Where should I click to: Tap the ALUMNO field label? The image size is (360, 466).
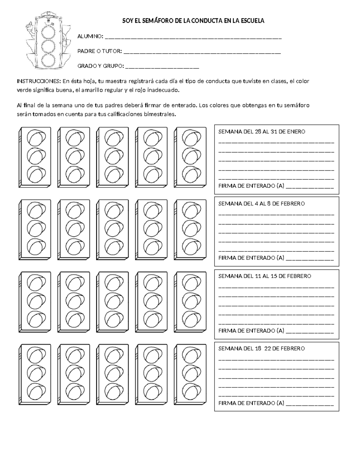pos(90,37)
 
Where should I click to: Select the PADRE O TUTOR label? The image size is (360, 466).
pos(100,51)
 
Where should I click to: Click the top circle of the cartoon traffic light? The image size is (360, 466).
pos(48,32)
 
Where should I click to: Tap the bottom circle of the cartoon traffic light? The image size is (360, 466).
pos(48,60)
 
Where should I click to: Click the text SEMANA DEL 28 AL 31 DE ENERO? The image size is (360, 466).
pos(262,132)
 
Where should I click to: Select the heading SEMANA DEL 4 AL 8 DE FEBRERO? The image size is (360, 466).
pos(261,204)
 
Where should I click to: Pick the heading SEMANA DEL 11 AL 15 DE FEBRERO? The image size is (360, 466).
pos(265,276)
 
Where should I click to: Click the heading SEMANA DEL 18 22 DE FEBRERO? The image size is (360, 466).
pos(261,349)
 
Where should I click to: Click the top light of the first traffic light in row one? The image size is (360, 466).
pos(36,138)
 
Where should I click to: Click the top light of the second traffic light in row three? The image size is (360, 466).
pos(73,282)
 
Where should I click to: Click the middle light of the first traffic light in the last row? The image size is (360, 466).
pos(36,372)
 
